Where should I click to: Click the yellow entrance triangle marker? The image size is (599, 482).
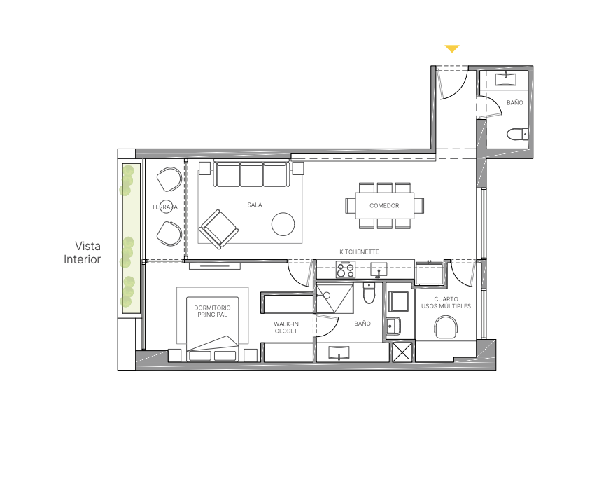tap(451, 48)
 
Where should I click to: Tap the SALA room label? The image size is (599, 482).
tap(255, 205)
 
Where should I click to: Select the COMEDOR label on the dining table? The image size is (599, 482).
tap(384, 206)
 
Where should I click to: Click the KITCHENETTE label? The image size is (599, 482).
tap(359, 252)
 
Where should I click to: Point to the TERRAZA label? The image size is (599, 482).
tap(164, 207)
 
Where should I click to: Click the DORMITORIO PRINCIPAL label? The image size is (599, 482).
tap(213, 311)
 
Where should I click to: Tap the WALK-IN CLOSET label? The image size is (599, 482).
tap(286, 327)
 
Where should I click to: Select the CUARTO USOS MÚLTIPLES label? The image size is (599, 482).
tap(446, 303)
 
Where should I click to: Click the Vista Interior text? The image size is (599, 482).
tap(83, 252)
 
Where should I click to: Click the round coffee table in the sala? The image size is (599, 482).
tap(283, 224)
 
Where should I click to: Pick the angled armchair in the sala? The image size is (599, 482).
tap(218, 229)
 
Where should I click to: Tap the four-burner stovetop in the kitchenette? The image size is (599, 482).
tap(346, 269)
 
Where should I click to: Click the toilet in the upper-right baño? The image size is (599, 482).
tap(518, 135)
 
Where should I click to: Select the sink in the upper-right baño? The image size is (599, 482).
tap(506, 79)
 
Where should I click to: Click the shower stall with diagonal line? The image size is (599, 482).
tap(334, 298)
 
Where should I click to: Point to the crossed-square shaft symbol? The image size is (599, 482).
tap(402, 352)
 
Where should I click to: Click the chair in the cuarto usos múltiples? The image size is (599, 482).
tap(446, 327)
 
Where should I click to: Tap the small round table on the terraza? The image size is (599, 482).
tap(166, 207)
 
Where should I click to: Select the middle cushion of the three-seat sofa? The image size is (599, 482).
tap(251, 174)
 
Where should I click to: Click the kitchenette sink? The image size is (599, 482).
tap(379, 269)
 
